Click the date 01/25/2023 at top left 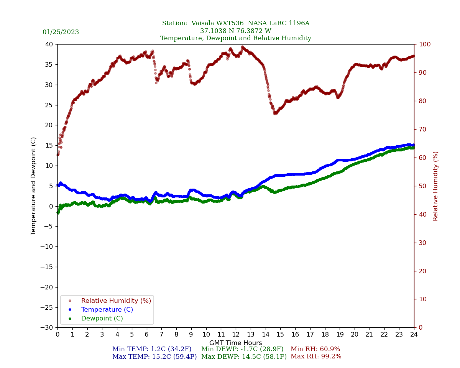point(61,32)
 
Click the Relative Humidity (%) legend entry point(116,301)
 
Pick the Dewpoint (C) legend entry point(102,319)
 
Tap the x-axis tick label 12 point(236,335)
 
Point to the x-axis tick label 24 point(414,335)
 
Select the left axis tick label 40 point(49,44)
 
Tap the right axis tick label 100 point(424,44)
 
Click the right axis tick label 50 point(422,186)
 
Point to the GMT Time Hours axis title point(235,343)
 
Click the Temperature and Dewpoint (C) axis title point(34,186)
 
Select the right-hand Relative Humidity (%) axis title point(435,186)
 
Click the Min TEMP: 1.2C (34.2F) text point(152,349)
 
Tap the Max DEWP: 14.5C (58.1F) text point(244,356)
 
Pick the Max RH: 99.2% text point(316,356)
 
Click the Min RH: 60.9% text point(315,349)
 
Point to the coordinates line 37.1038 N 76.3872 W point(235,31)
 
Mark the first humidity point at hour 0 point(58,154)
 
